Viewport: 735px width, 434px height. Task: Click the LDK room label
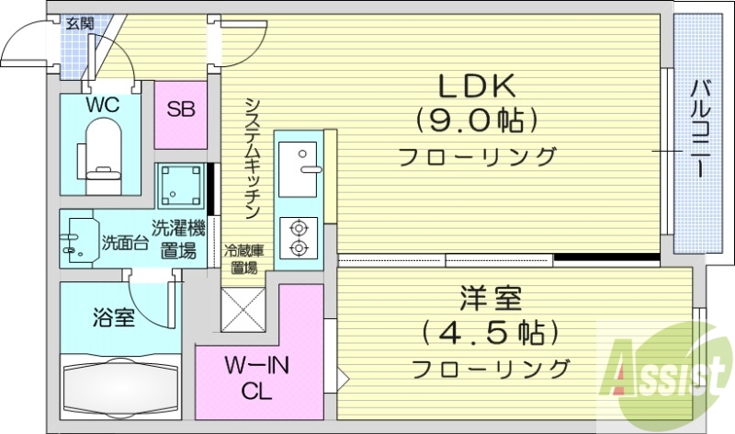478,86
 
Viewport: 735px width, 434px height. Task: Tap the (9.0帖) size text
477,120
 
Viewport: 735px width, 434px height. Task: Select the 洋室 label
491,300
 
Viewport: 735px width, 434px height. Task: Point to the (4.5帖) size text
491,332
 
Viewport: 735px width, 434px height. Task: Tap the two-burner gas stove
299,236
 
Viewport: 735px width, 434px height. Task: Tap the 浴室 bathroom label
114,319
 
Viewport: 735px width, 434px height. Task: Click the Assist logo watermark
664,371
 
